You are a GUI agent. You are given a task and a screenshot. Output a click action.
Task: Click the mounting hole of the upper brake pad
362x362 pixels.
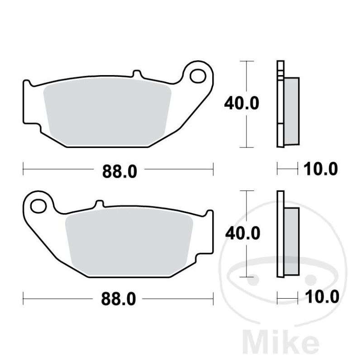[x=198, y=76]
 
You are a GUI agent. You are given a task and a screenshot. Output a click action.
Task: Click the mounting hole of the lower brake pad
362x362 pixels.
[x=38, y=206]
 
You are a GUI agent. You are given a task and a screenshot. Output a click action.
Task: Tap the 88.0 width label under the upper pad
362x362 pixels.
[x=119, y=171]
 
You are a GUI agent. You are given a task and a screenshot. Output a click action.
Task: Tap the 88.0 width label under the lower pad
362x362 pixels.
[x=118, y=299]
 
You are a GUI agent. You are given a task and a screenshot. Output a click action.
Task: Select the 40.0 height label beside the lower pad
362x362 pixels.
[x=243, y=233]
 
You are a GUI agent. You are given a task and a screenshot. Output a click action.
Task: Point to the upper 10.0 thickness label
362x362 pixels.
[x=320, y=169]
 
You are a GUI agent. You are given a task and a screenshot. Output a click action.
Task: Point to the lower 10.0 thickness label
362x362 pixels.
[x=322, y=297]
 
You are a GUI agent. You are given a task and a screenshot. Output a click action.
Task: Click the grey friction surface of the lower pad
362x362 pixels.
[x=129, y=242]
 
